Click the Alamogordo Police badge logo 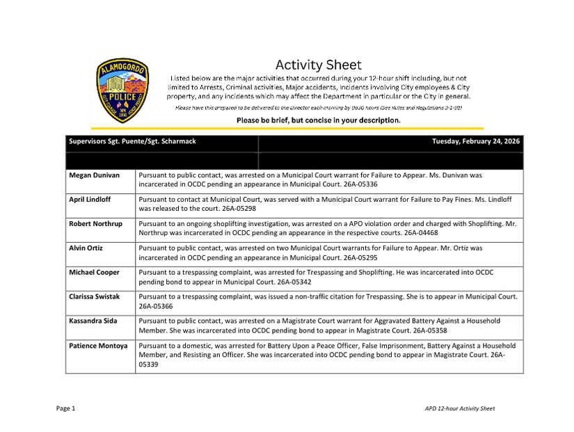click(x=122, y=90)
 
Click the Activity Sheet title click(x=318, y=65)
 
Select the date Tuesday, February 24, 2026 click(x=476, y=141)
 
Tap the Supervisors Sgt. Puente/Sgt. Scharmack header click(x=132, y=141)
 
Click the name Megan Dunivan click(x=94, y=176)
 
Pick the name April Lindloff click(x=89, y=200)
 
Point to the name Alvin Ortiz click(x=86, y=248)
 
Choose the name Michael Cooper click(x=94, y=272)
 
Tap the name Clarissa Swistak click(x=94, y=296)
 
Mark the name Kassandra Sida click(x=93, y=321)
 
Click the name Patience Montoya click(x=97, y=345)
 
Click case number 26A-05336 click(x=358, y=186)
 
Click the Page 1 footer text click(x=65, y=408)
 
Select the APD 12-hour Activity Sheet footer click(x=459, y=408)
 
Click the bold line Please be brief click(x=318, y=120)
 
